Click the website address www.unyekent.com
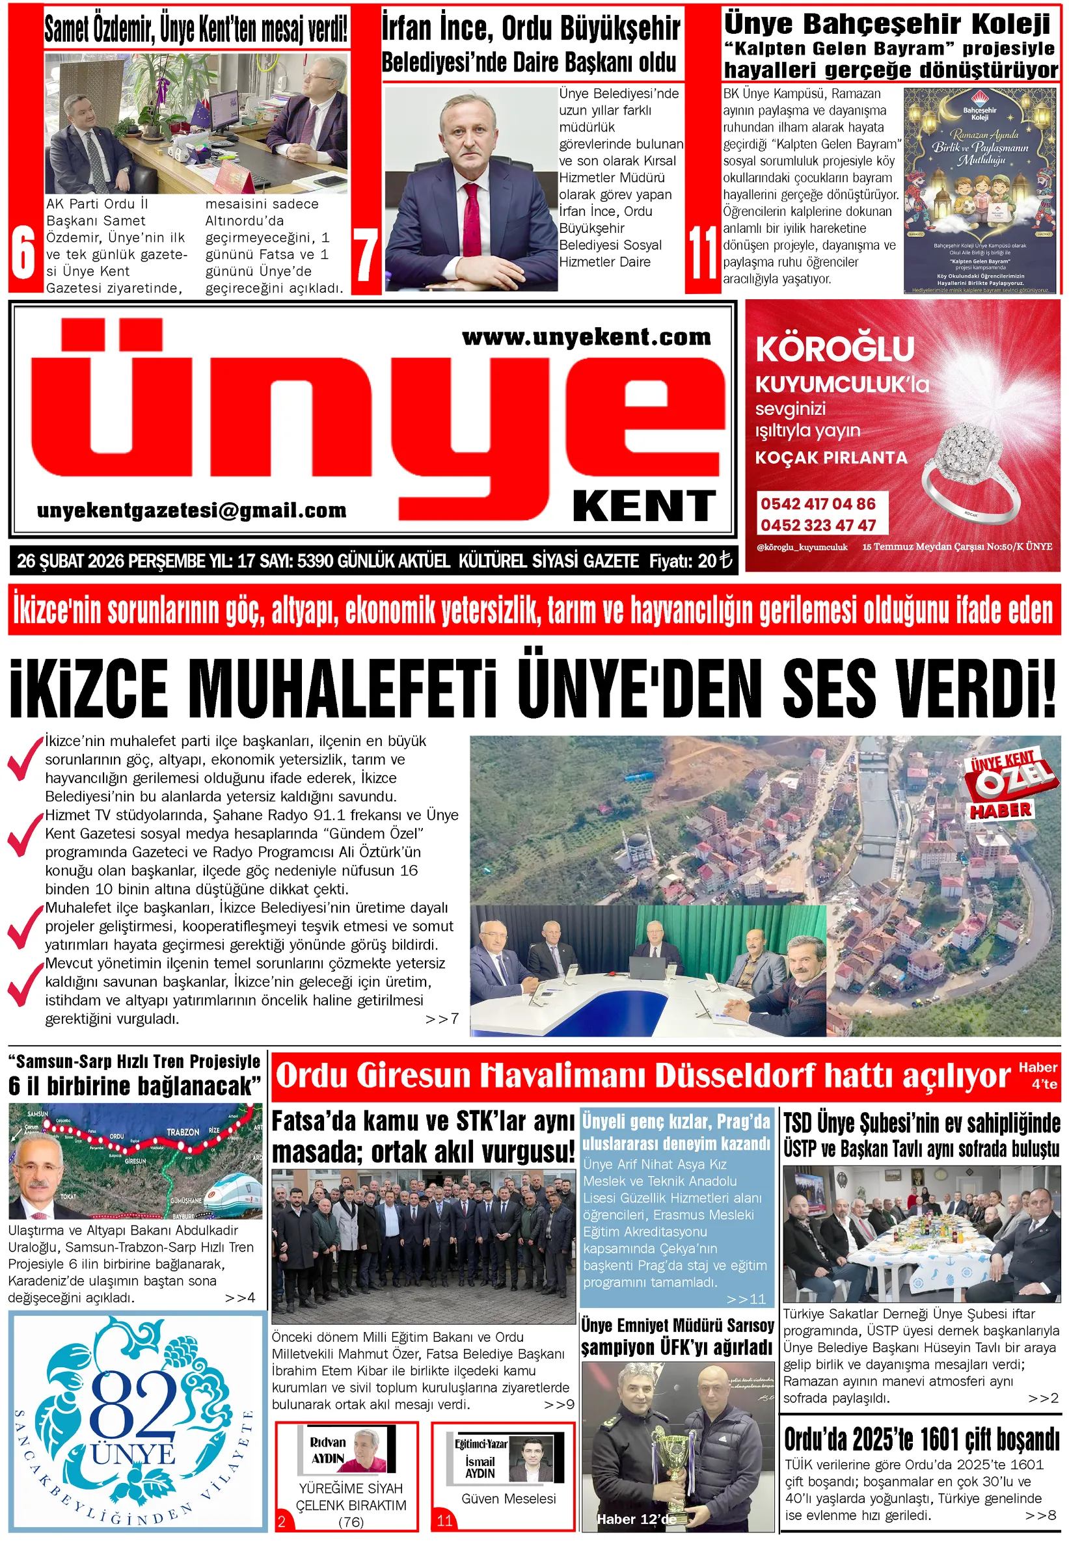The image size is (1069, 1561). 586,336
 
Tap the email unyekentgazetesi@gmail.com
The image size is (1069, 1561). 191,511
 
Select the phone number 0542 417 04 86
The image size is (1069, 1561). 818,504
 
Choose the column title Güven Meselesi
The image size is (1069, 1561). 509,1499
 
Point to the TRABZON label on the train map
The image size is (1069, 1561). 183,1132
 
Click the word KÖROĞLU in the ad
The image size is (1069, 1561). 835,349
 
